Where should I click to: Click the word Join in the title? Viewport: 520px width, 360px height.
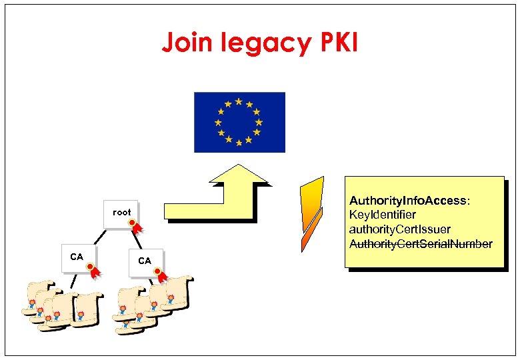(x=186, y=43)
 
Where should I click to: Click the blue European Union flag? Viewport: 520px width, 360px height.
(x=239, y=122)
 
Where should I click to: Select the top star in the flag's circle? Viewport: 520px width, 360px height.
(x=239, y=101)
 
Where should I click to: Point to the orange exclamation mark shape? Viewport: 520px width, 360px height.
(x=311, y=213)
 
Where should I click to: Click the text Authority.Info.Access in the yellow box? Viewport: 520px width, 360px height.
(x=409, y=201)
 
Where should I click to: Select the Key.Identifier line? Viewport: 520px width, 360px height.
(x=383, y=215)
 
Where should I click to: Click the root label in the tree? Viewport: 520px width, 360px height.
(x=121, y=212)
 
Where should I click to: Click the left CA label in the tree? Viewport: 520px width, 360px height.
(x=77, y=257)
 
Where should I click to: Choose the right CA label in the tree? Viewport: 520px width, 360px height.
(x=145, y=261)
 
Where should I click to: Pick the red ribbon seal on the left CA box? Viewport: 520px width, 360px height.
(x=93, y=270)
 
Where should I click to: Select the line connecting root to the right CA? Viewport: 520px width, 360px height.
(x=131, y=240)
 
